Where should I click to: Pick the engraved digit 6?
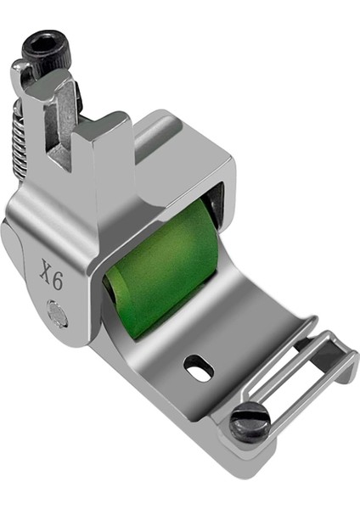pos(56,282)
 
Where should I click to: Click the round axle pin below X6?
pos(58,316)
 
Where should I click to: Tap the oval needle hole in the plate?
pos(199,368)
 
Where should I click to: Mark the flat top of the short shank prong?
pos(98,124)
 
